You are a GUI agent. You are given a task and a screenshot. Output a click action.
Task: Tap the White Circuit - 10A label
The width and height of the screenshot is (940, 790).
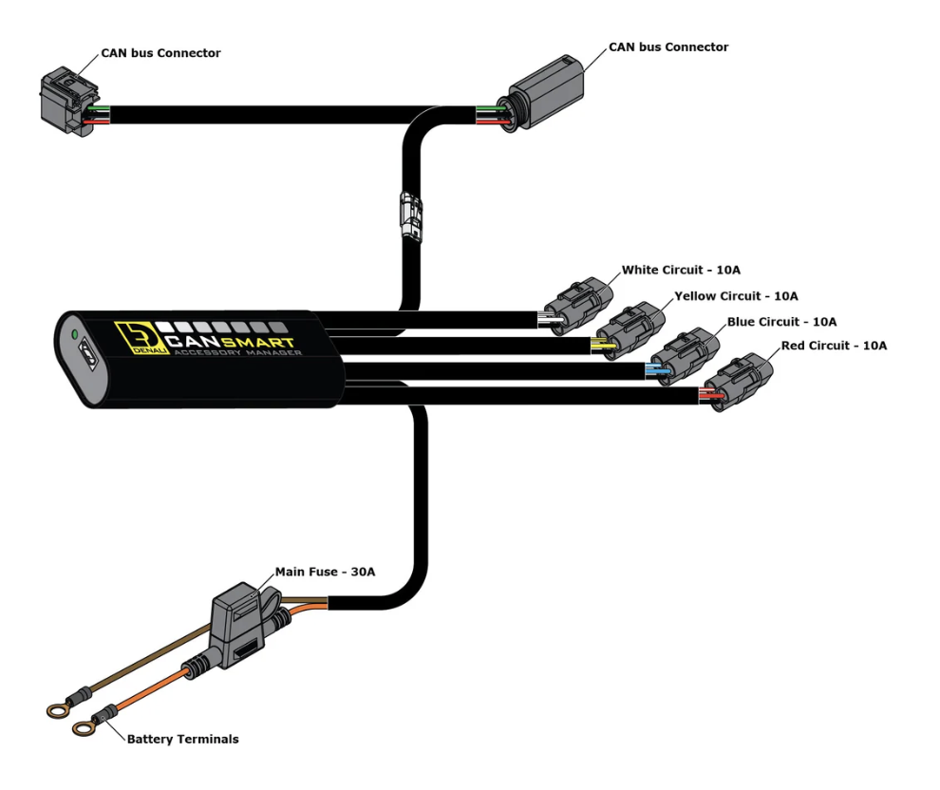point(681,271)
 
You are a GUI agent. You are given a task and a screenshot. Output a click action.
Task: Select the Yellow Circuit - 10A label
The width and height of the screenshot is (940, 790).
point(736,296)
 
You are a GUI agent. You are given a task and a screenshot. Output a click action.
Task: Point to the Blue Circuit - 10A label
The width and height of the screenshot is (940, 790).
point(780,321)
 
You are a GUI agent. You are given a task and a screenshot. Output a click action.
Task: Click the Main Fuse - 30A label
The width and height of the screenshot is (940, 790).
point(325,572)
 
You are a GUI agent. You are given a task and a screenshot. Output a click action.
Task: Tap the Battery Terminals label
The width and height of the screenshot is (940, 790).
point(183,739)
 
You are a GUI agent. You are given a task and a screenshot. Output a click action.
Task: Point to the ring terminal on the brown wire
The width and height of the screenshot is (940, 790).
point(58,707)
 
